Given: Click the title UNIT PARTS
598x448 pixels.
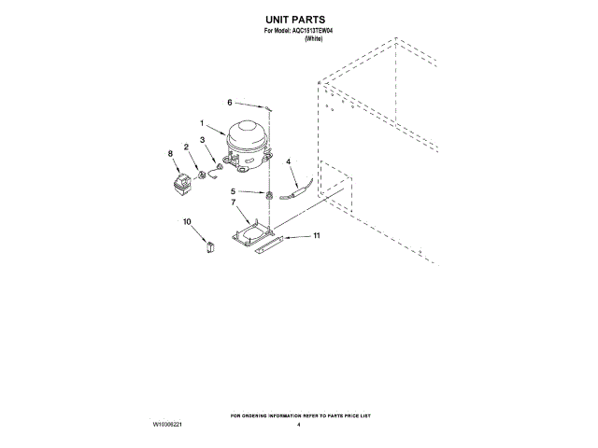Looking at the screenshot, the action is click(298, 19).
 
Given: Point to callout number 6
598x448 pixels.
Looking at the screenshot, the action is click(229, 102).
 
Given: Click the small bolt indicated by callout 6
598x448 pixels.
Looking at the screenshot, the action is click(267, 108).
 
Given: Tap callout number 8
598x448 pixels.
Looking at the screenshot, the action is click(170, 153).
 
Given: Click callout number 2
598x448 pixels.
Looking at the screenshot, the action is click(187, 147).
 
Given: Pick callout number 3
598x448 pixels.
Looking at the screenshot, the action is click(202, 140).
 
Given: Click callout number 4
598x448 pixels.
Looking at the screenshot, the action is click(288, 161).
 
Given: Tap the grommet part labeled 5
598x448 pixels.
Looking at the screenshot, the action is click(268, 195).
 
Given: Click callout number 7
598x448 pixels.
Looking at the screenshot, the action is click(234, 202).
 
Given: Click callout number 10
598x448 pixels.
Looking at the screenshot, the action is click(187, 221).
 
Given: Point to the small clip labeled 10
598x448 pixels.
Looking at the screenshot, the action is click(210, 245).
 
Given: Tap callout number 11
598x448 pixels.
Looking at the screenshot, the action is click(316, 236).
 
